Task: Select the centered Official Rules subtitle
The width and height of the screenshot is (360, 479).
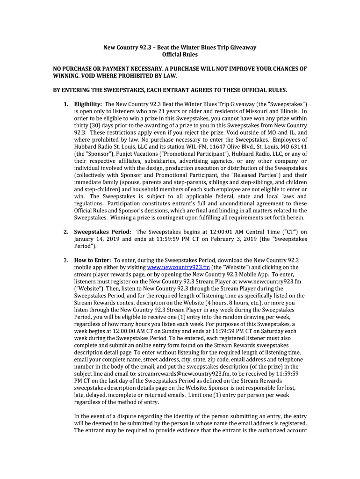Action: coord(180,55)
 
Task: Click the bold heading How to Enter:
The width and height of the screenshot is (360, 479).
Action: coord(93,261)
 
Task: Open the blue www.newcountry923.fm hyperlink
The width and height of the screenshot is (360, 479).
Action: coord(178,268)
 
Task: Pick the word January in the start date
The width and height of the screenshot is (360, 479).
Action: coord(87,239)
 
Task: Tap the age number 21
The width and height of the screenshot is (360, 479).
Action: coord(167,111)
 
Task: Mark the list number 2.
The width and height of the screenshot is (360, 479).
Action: coord(66,232)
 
